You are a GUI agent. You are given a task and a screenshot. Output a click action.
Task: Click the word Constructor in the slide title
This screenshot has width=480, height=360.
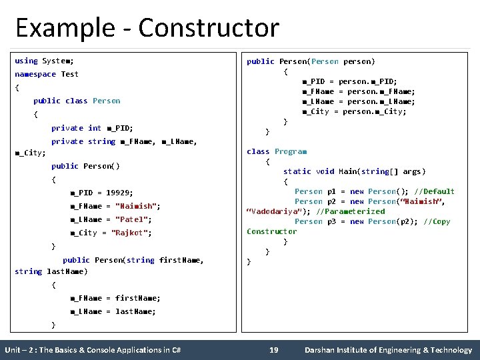[209, 28]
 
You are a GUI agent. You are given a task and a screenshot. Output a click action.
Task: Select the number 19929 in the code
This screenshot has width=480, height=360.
[119, 193]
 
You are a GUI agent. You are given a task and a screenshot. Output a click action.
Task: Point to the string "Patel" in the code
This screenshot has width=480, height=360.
[133, 219]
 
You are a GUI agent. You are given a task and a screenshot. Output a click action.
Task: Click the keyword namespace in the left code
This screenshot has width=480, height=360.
[35, 74]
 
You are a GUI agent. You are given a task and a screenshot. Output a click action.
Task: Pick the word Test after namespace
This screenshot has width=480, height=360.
[69, 74]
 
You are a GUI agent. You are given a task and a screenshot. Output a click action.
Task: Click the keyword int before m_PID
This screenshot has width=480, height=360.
[95, 128]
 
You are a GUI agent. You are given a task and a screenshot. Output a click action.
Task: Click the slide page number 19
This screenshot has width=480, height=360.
[273, 350]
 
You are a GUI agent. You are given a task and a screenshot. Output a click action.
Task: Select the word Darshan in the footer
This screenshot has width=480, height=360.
[321, 350]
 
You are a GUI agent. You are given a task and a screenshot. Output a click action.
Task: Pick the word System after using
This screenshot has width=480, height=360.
[57, 61]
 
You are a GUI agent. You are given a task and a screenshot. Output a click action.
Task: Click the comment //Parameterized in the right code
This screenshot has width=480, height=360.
[351, 211]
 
